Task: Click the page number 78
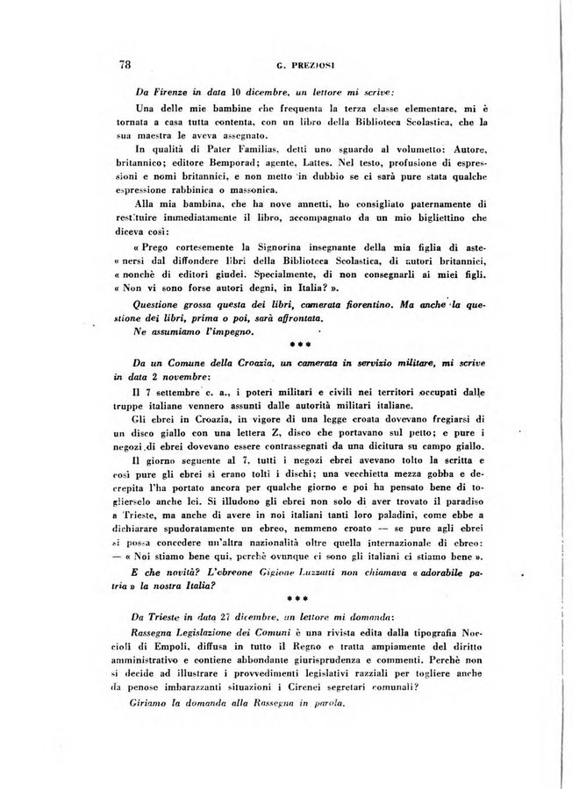(125, 63)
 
